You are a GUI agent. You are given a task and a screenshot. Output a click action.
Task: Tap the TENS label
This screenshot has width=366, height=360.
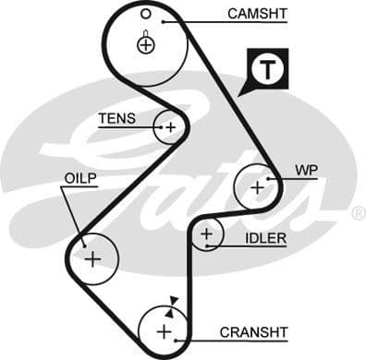pos(117,118)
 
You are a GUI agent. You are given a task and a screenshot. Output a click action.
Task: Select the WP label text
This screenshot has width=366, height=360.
pos(306,171)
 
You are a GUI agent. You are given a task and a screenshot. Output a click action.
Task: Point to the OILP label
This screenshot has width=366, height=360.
pos(80,177)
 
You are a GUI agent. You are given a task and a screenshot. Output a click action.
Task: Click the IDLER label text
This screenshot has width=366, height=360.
pos(265,238)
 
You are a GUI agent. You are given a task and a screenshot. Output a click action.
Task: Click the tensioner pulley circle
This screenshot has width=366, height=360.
pos(170,127)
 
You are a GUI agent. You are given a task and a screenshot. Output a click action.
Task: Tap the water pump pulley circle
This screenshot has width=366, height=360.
pos(256,187)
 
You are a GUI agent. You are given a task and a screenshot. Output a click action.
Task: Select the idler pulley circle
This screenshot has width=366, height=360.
pos(207,235)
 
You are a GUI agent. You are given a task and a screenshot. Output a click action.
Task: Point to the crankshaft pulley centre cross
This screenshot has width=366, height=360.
pos(164,331)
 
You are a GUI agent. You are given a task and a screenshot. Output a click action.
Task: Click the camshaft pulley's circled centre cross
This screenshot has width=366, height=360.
pos(146,43)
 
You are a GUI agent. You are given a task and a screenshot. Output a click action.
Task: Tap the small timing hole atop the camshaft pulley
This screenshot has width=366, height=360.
pos(146,14)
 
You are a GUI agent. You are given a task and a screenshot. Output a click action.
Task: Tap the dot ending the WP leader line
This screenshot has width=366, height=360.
pos(268,177)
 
